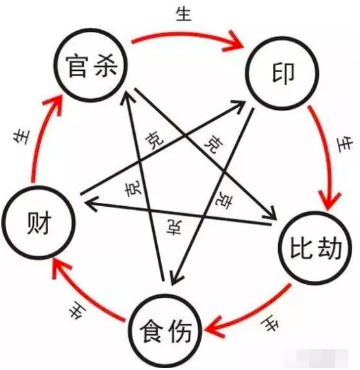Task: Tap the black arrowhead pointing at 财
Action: point(91,204)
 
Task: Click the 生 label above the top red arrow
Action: point(183,14)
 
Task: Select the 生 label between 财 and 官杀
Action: point(21,137)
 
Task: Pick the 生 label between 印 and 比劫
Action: point(344,144)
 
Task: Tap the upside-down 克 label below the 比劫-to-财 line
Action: point(174,227)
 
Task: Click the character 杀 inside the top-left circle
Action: point(105,66)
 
